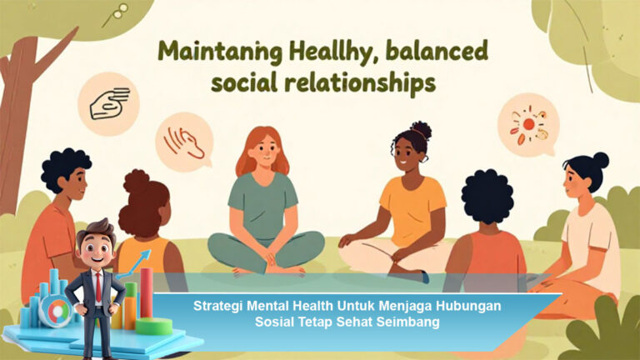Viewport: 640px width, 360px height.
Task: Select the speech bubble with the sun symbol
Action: tap(527, 124)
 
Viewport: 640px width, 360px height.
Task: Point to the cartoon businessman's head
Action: tap(94, 242)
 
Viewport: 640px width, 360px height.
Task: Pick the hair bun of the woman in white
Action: tap(600, 159)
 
